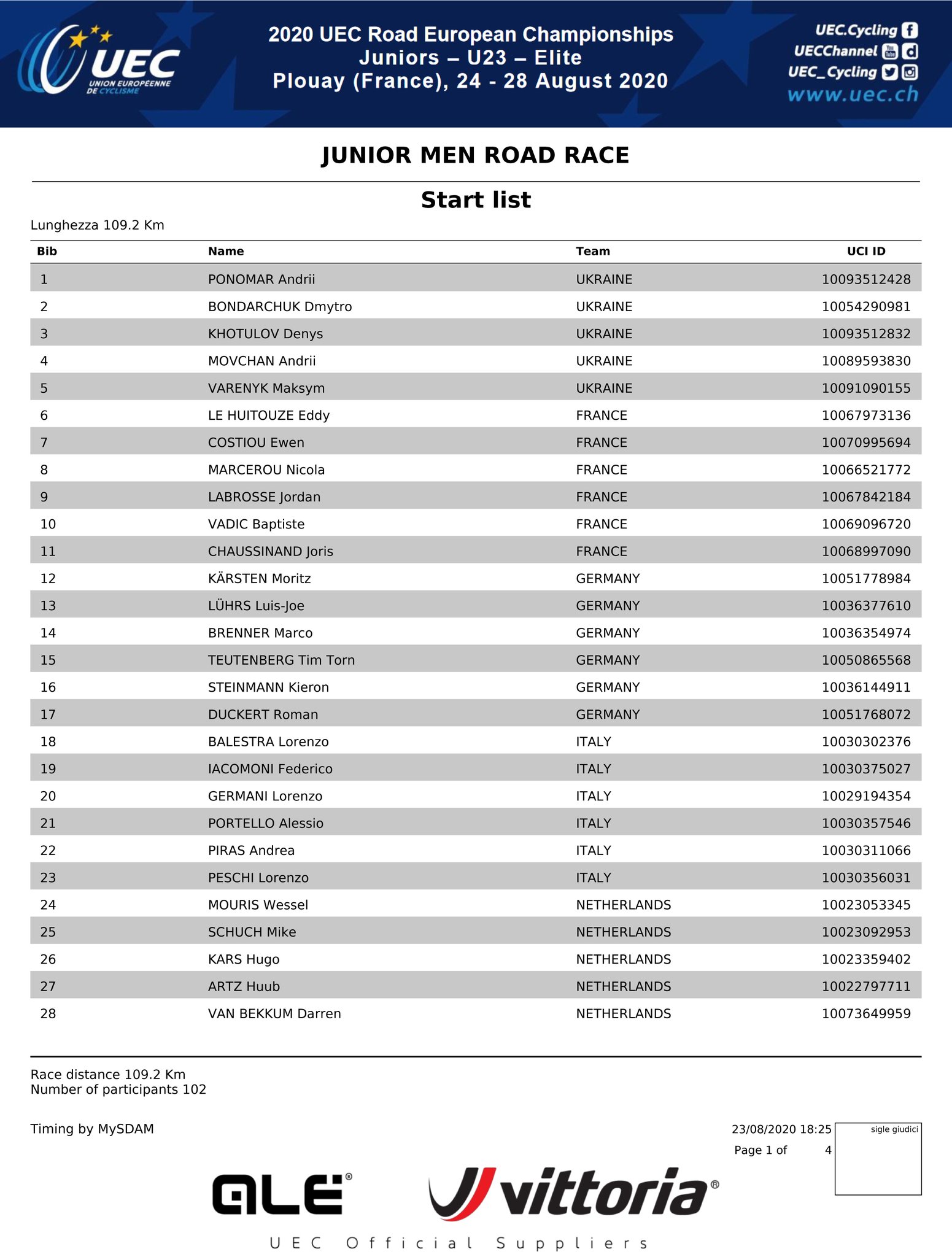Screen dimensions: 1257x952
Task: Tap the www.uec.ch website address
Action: tap(853, 95)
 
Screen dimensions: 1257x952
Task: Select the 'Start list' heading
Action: tap(476, 200)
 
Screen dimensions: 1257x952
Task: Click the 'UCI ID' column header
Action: tap(865, 251)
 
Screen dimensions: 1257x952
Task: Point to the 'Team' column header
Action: tap(592, 251)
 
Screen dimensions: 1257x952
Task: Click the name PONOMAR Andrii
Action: tap(261, 279)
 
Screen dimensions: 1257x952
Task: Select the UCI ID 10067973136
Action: tap(865, 416)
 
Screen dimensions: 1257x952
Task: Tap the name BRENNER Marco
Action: tap(260, 633)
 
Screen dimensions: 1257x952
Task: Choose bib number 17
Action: tap(48, 714)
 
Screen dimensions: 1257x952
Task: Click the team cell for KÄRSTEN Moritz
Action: tap(608, 578)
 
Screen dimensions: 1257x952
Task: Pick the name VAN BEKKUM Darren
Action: tap(274, 1013)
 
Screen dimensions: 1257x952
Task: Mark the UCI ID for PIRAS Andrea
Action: tap(865, 851)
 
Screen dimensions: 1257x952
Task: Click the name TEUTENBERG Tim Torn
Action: tap(281, 660)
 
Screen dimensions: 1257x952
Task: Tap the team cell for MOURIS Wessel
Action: tap(623, 905)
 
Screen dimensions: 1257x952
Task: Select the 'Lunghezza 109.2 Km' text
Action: tap(98, 225)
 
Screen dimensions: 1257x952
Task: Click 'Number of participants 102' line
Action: tap(118, 1089)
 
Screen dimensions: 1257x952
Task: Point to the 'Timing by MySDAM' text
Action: tap(92, 1129)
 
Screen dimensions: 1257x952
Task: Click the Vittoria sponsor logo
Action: tap(573, 1193)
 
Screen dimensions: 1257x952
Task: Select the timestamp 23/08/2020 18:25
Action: tap(781, 1129)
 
